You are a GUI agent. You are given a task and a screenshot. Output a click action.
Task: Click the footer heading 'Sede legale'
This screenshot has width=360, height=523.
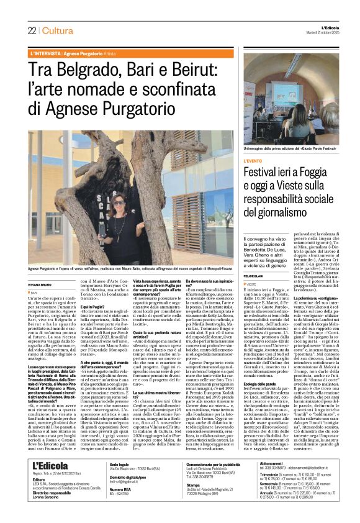tap(119, 481)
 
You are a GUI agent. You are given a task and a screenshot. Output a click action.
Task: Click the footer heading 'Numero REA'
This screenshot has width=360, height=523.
tap(120, 507)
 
